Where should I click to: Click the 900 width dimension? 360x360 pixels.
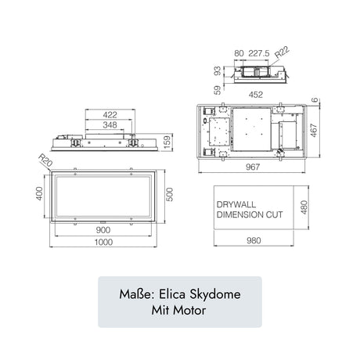tap(103, 231)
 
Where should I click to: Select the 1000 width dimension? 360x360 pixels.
tap(103, 242)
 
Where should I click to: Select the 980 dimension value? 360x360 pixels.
tap(252, 241)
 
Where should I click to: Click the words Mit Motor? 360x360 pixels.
tap(179, 310)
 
